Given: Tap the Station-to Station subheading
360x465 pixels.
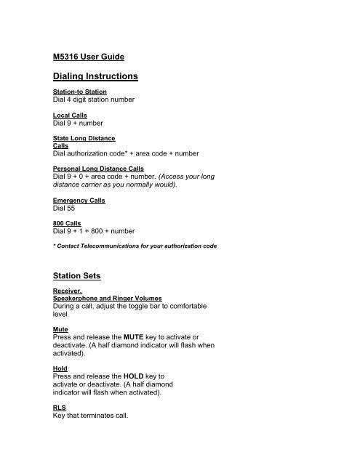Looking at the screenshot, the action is click(80, 92).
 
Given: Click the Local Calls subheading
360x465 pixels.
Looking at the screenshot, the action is click(71, 116).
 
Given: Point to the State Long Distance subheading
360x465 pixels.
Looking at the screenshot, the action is click(84, 138).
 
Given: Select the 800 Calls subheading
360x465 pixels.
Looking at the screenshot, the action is click(68, 223).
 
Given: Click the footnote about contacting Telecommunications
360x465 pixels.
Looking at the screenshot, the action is click(135, 247).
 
